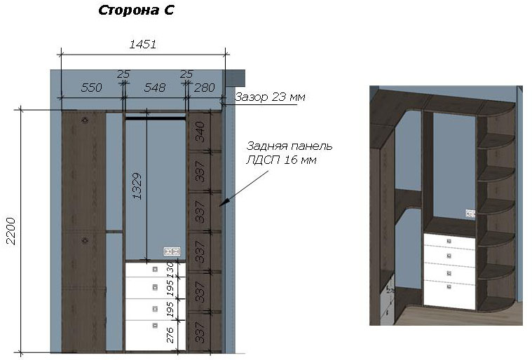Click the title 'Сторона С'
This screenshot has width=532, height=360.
click(x=136, y=11)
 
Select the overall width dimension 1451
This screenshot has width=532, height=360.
click(x=143, y=44)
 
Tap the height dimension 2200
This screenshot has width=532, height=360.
click(x=11, y=231)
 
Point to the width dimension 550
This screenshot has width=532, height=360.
click(x=91, y=88)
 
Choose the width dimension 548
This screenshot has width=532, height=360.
click(x=155, y=88)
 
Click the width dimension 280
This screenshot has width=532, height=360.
click(x=204, y=88)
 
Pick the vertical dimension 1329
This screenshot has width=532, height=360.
click(x=137, y=186)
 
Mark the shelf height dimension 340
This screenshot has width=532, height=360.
click(x=200, y=132)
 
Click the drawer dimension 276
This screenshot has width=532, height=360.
click(x=170, y=335)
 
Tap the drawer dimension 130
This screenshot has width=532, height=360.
click(x=170, y=270)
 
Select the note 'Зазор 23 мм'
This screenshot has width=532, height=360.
click(x=270, y=97)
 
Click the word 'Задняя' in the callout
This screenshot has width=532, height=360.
click(x=264, y=146)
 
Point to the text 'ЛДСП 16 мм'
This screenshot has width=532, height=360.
click(x=281, y=160)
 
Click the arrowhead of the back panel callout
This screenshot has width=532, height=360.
click(x=221, y=205)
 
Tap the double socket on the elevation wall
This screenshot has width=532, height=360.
click(x=172, y=251)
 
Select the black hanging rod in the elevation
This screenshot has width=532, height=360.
click(x=156, y=118)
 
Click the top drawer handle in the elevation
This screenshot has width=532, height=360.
click(x=155, y=269)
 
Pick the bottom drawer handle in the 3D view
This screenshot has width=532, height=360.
click(x=449, y=286)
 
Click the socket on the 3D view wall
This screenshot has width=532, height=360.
click(x=470, y=214)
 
